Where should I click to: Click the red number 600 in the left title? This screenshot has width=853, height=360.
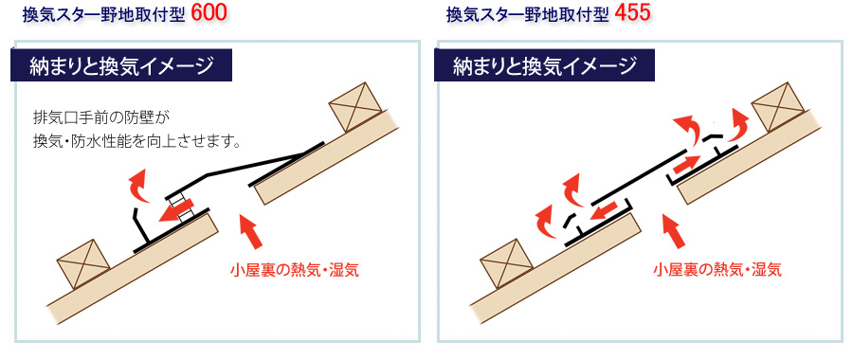point(209,13)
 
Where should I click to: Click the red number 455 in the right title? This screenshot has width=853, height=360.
point(633,13)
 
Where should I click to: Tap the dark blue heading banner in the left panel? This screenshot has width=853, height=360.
point(121,65)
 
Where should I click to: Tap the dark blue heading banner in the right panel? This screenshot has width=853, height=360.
point(544,65)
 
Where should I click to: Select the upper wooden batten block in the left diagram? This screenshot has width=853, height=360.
point(355,107)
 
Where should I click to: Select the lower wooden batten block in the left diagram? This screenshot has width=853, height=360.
point(83,263)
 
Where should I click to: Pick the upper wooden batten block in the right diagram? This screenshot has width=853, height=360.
point(778,107)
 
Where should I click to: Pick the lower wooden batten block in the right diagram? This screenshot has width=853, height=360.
point(506,263)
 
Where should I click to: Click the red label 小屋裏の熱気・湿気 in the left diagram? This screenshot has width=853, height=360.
point(295,270)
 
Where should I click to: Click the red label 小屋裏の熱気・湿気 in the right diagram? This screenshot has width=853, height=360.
point(717,270)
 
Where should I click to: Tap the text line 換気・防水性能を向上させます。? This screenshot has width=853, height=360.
point(137,142)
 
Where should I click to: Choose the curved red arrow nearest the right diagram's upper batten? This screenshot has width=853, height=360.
point(735,124)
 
